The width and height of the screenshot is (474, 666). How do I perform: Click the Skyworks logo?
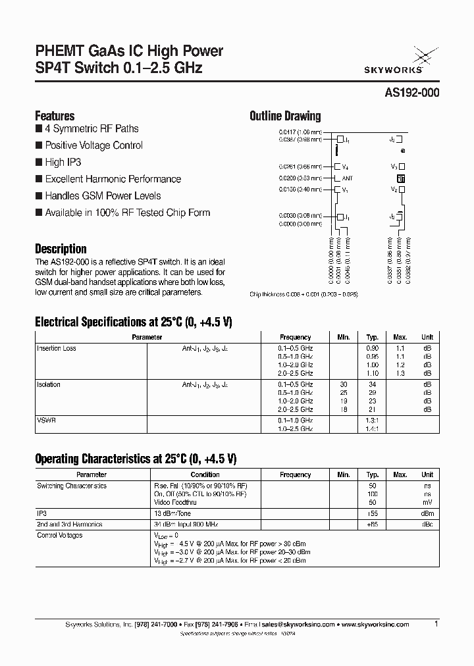pyautogui.click(x=404, y=59)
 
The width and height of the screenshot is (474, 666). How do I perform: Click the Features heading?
pyautogui.click(x=55, y=115)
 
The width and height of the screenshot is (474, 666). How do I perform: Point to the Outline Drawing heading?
pyautogui.click(x=285, y=116)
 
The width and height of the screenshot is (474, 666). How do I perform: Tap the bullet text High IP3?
pyautogui.click(x=63, y=162)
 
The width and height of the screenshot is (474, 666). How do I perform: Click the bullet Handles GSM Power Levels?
pyautogui.click(x=103, y=195)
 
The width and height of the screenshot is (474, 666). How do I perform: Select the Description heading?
pyautogui.click(x=61, y=249)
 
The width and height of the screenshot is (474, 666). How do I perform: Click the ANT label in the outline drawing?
pyautogui.click(x=348, y=178)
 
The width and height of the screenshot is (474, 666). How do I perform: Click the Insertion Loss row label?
pyautogui.click(x=57, y=348)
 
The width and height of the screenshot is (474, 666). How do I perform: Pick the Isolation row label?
pyautogui.click(x=49, y=384)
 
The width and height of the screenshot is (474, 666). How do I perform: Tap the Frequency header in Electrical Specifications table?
pyautogui.click(x=295, y=337)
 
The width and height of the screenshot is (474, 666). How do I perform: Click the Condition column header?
pyautogui.click(x=205, y=474)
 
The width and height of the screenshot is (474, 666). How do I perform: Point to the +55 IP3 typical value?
pyautogui.click(x=373, y=513)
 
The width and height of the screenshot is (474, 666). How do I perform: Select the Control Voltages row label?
pyautogui.click(x=60, y=536)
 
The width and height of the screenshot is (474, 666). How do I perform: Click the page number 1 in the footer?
pyautogui.click(x=436, y=623)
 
